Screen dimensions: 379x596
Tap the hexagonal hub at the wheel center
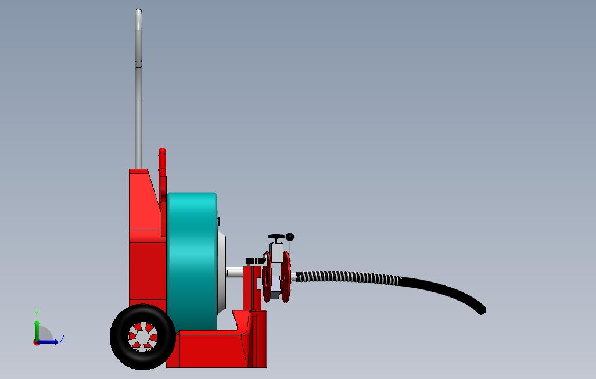tap(143, 337)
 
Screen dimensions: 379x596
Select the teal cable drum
tap(192, 262)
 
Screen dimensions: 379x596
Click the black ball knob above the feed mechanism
tap(290, 237)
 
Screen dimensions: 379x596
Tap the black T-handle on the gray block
tap(276, 238)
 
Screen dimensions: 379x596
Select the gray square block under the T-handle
tap(277, 252)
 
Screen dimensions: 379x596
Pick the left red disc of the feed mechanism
tap(267, 278)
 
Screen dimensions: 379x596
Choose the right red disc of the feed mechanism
tap(286, 277)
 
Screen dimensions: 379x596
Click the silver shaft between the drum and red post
tap(235, 271)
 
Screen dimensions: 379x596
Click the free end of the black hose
tap(482, 310)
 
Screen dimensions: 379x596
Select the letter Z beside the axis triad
tap(62, 339)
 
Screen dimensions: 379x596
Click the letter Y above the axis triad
tap(37, 314)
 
